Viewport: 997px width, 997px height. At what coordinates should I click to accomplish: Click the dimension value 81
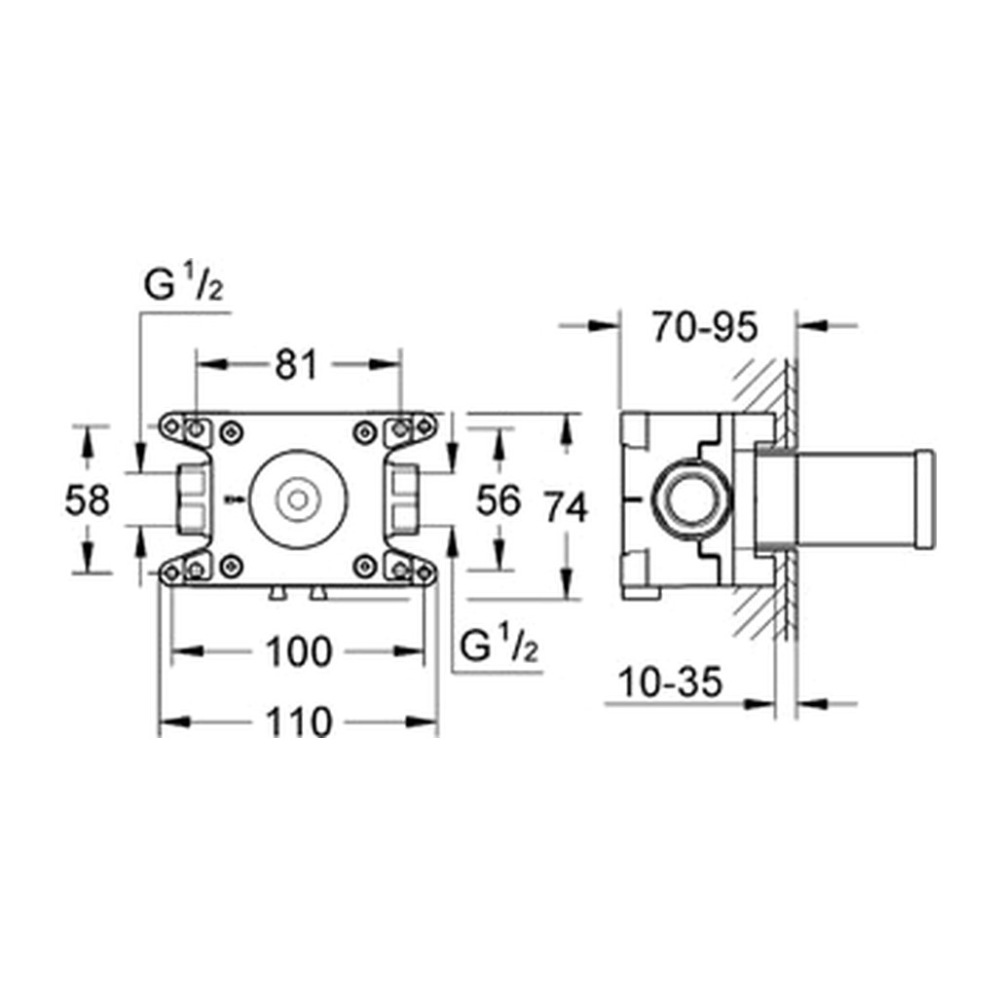point(296,365)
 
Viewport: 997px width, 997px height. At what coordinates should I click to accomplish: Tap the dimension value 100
point(299,652)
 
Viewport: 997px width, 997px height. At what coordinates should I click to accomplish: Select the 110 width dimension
point(298,723)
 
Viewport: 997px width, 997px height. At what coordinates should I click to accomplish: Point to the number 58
point(87,499)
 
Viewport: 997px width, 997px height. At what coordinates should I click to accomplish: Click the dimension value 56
point(499,499)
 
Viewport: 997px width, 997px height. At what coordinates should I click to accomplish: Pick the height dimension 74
point(566,508)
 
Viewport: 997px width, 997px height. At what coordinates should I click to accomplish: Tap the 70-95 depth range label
point(705,328)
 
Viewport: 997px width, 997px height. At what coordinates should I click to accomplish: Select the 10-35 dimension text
point(670,683)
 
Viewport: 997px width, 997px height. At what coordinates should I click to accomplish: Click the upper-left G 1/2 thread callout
point(184,283)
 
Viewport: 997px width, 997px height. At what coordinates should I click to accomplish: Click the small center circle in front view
point(298,499)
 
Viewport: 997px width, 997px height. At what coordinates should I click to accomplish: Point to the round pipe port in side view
point(692,499)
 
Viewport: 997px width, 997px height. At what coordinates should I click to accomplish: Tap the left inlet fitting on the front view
point(192,499)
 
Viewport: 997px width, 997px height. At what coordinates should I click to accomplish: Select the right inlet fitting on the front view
point(403,499)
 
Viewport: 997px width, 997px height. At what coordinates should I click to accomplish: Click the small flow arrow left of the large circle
point(234,499)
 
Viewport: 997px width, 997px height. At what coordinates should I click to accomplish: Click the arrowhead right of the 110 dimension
point(423,721)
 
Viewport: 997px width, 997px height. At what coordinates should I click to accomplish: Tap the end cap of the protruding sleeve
point(924,499)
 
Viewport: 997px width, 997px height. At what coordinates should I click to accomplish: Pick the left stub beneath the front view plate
point(277,593)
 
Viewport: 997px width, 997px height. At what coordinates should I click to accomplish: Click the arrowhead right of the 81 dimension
point(386,364)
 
